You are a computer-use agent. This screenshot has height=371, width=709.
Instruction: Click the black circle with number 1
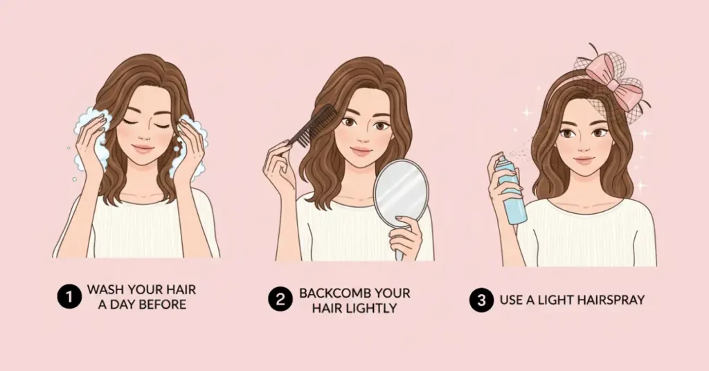(x=69, y=297)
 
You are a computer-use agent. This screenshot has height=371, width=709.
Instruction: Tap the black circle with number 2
(x=280, y=299)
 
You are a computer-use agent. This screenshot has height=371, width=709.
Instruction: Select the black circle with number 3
(x=481, y=300)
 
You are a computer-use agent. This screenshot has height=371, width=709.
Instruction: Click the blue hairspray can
(x=511, y=190)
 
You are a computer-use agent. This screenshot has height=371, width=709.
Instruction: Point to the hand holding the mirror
(x=405, y=237)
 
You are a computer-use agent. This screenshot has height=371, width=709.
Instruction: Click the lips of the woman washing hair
(x=143, y=148)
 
